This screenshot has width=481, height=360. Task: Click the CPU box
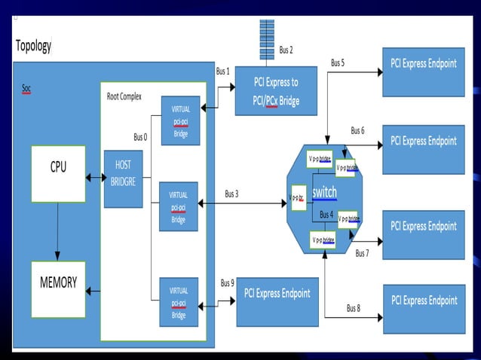[58, 174]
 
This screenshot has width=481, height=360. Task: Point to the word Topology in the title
[34, 46]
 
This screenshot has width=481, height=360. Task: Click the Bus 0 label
[141, 137]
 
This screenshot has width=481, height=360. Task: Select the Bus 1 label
[222, 72]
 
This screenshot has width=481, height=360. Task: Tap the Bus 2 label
[286, 50]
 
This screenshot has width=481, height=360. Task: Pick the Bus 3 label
[231, 194]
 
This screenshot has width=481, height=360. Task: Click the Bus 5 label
[338, 63]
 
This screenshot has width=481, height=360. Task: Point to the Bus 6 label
[357, 130]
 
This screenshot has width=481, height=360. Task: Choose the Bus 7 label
[362, 253]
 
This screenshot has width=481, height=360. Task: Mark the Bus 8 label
[354, 308]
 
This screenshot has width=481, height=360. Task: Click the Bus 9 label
[227, 283]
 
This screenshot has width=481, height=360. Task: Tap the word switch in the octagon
[325, 193]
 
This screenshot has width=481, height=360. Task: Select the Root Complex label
[124, 96]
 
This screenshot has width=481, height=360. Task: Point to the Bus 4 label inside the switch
[326, 215]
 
